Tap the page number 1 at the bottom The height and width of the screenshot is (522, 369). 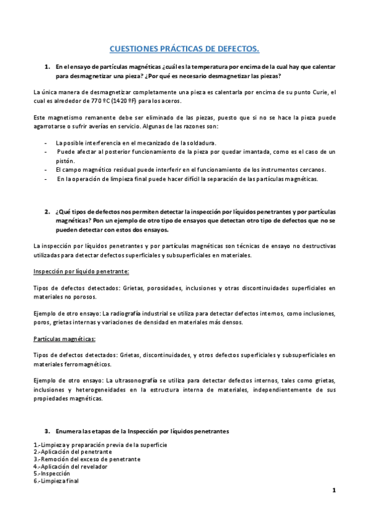click(333, 490)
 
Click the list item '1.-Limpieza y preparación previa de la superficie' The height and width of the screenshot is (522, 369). click(100, 444)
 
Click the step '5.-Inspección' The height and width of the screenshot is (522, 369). click(52, 474)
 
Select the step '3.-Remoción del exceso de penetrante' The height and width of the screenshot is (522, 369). click(87, 459)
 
